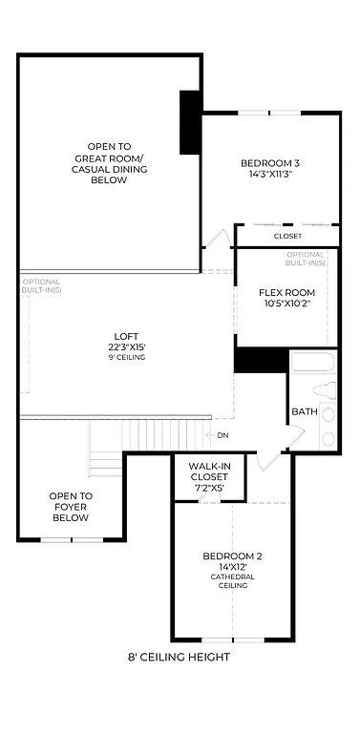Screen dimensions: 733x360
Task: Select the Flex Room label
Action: tap(286, 293)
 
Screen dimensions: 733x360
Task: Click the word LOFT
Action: tap(126, 335)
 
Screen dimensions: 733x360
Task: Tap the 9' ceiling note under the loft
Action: tap(126, 357)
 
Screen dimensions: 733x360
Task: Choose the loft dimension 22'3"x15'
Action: tap(126, 346)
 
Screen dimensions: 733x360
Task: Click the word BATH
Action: tap(305, 411)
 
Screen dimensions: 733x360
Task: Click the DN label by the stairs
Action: tap(222, 435)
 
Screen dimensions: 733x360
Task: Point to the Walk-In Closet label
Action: tap(208, 474)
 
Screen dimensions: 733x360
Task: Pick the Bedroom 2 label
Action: tap(232, 555)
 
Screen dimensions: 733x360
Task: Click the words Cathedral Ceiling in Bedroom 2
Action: tap(232, 581)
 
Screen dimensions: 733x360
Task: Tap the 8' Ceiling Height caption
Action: tap(179, 657)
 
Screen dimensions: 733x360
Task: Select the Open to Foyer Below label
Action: tap(71, 507)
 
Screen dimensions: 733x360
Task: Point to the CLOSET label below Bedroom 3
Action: tap(287, 236)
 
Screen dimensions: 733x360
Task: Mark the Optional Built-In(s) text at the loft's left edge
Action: tap(41, 285)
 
